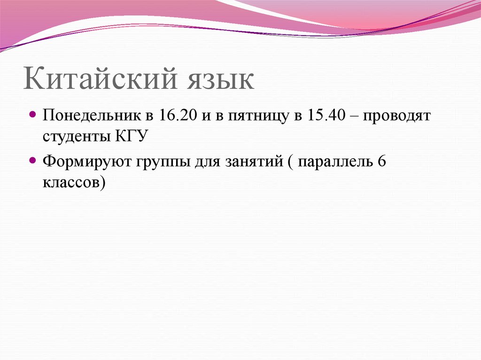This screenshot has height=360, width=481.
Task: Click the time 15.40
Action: click(323, 115)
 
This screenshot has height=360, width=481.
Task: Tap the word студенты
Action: click(76, 137)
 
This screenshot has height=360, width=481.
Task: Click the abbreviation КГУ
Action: click(130, 137)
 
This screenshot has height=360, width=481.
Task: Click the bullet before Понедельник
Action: click(32, 115)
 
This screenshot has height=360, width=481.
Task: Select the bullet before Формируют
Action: click(32, 161)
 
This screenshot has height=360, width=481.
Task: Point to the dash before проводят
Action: click(350, 116)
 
